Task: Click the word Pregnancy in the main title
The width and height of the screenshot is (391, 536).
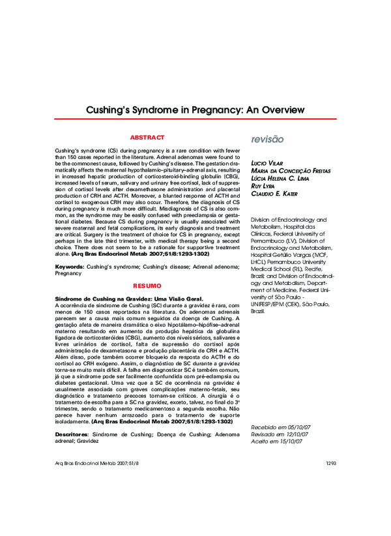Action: coord(218,109)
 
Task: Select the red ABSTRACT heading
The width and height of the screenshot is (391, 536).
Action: coord(147,138)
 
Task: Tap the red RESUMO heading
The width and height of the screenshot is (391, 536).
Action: coord(147,286)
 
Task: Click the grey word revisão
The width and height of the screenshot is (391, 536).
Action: coord(267,140)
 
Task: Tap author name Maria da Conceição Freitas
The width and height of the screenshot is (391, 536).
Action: coord(291,170)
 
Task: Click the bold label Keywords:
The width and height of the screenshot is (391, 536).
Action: coord(69,267)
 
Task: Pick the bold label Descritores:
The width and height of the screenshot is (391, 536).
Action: coord(72,434)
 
